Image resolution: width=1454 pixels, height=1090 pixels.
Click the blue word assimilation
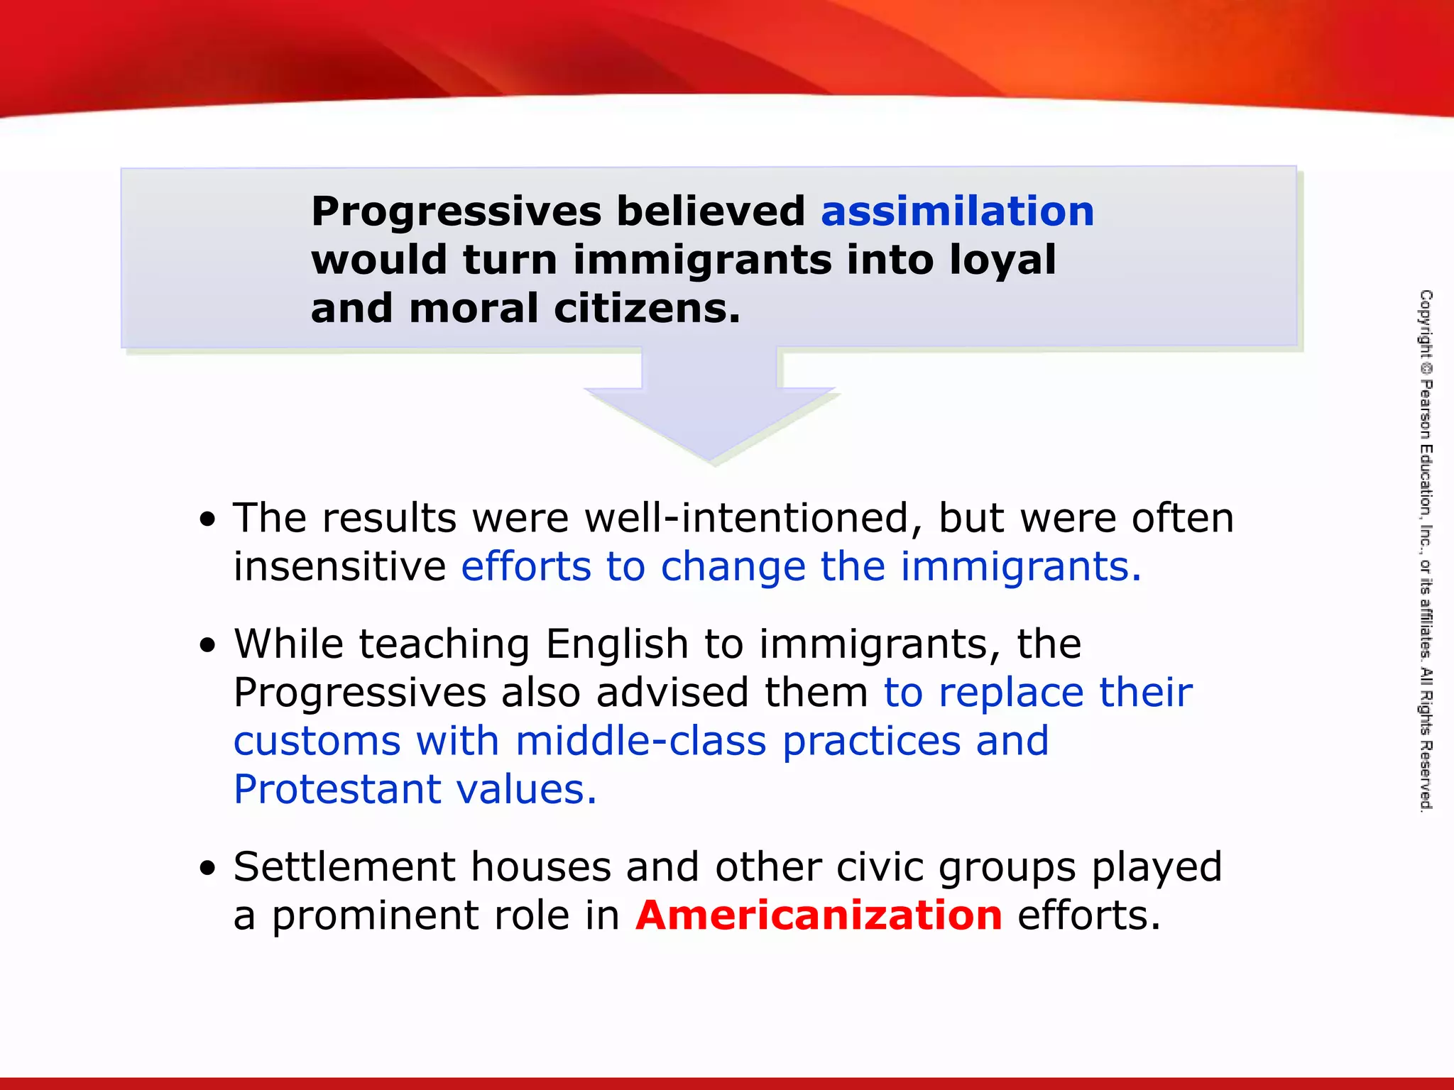coord(957,211)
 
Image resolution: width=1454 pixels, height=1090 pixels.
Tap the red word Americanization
coord(819,915)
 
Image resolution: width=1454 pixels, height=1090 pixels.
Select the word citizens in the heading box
coord(647,309)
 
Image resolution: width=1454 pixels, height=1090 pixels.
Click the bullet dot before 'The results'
coord(207,520)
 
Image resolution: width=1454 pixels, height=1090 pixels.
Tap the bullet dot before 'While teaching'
coord(207,646)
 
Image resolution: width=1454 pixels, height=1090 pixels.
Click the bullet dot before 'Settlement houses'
coord(207,869)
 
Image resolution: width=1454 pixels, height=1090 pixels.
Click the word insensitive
coord(339,566)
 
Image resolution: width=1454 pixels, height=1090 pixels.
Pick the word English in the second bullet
coord(617,644)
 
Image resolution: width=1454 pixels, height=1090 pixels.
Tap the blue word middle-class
coord(640,742)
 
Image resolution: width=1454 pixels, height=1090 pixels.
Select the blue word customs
coord(317,742)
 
